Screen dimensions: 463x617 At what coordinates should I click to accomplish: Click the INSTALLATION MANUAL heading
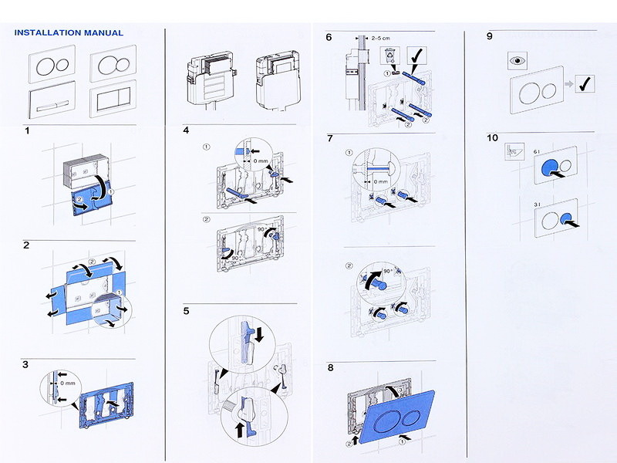click(x=69, y=33)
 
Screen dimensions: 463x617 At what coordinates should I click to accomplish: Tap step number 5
click(x=186, y=311)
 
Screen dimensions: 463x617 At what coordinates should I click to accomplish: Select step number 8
click(x=330, y=367)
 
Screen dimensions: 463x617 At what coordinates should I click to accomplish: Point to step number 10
click(x=493, y=138)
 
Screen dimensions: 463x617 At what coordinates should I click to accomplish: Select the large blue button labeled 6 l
click(x=551, y=167)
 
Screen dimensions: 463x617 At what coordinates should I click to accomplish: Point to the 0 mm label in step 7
click(x=378, y=181)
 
